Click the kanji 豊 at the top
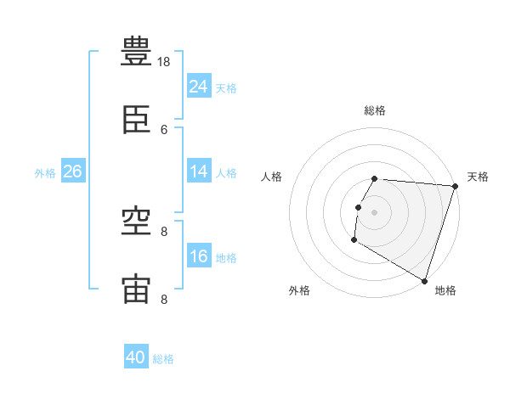pyautogui.click(x=137, y=52)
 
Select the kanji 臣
pyautogui.click(x=137, y=122)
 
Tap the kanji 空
pyautogui.click(x=137, y=223)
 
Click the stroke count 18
pyautogui.click(x=165, y=62)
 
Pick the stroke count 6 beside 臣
pyautogui.click(x=165, y=129)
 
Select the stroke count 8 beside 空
pyautogui.click(x=165, y=231)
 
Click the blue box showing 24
pyautogui.click(x=199, y=87)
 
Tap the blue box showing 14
pyautogui.click(x=199, y=171)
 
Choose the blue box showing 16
pyautogui.click(x=199, y=256)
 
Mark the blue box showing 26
pyautogui.click(x=73, y=171)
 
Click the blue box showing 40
pyautogui.click(x=136, y=357)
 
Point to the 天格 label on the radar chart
pyautogui.click(x=478, y=177)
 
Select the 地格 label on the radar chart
pyautogui.click(x=445, y=290)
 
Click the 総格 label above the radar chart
pyautogui.click(x=375, y=110)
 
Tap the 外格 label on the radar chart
pyautogui.click(x=299, y=290)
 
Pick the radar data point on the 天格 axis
pyautogui.click(x=455, y=187)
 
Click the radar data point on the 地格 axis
pyautogui.click(x=423, y=280)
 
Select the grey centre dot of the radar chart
pyautogui.click(x=375, y=212)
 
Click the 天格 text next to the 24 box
pyautogui.click(x=226, y=87)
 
